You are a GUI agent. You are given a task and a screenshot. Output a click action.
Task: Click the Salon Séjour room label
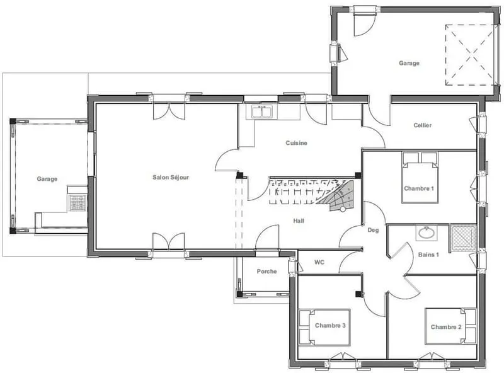pyautogui.click(x=171, y=177)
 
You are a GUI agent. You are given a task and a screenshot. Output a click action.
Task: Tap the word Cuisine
pyautogui.click(x=296, y=143)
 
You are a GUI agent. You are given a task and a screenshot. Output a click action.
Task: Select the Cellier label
pyautogui.click(x=422, y=125)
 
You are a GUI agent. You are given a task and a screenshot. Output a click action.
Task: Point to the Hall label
pyautogui.click(x=299, y=221)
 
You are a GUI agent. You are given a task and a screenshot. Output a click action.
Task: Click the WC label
pyautogui.click(x=319, y=262)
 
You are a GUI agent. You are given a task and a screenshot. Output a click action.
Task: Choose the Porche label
pyautogui.click(x=266, y=271)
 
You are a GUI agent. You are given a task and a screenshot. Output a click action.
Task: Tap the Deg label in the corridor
pyautogui.click(x=373, y=230)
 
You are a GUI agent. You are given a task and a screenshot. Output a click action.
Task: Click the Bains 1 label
pyautogui.click(x=428, y=255)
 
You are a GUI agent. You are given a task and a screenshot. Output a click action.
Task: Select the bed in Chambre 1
pyautogui.click(x=420, y=178)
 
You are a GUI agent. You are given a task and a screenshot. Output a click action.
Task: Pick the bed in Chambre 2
pyautogui.click(x=450, y=326)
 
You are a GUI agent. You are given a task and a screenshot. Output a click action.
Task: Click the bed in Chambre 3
pyautogui.click(x=324, y=328)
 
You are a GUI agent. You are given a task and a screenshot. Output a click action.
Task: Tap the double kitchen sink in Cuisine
pyautogui.click(x=261, y=112)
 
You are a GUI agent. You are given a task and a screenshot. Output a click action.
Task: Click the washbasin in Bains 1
pyautogui.click(x=427, y=232)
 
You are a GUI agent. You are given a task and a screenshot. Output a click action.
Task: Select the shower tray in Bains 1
pyautogui.click(x=463, y=238)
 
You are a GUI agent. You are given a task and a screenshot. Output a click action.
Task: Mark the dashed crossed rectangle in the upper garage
pyautogui.click(x=470, y=55)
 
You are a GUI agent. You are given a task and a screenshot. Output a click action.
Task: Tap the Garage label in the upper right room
pyautogui.click(x=409, y=63)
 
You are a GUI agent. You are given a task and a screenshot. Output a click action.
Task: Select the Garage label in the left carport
pyautogui.click(x=47, y=179)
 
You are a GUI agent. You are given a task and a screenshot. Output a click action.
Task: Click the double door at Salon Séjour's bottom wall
pyautogui.click(x=169, y=241)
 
